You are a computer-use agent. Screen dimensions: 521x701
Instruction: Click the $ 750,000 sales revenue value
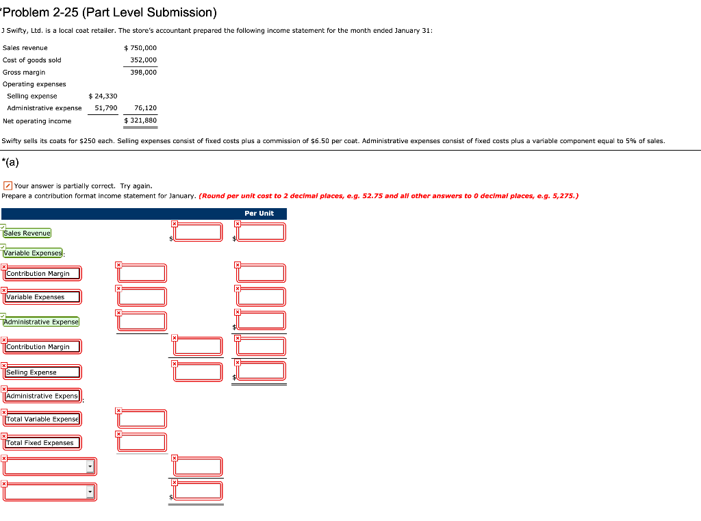pos(141,48)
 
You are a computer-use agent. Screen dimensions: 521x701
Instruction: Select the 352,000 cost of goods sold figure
pos(143,60)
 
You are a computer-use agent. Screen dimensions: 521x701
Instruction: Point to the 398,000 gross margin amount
pos(143,73)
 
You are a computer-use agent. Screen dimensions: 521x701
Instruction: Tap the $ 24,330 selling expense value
pos(103,97)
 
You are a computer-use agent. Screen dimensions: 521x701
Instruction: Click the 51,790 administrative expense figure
pos(106,108)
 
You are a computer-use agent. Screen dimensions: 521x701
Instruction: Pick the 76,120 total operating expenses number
pos(146,108)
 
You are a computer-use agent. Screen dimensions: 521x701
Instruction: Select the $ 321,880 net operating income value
pos(141,121)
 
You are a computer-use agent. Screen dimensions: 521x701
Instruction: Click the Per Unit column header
pos(259,214)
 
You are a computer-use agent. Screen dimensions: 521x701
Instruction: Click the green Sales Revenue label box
pos(27,233)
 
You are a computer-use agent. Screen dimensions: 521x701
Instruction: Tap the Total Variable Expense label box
pos(42,419)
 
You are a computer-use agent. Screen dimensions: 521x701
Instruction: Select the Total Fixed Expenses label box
pos(40,443)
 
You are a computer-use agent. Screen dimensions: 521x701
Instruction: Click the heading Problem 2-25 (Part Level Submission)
pos(110,13)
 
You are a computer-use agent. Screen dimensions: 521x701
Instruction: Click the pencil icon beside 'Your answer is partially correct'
pos(7,186)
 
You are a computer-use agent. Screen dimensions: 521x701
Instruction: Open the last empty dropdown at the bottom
pos(49,492)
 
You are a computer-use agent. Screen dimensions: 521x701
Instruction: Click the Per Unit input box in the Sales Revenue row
pos(262,232)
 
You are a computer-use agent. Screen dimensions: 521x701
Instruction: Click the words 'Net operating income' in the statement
pos(37,121)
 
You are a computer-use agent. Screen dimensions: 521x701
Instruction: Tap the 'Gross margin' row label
pos(24,73)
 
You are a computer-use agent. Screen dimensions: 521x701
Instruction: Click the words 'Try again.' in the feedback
pos(136,186)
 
